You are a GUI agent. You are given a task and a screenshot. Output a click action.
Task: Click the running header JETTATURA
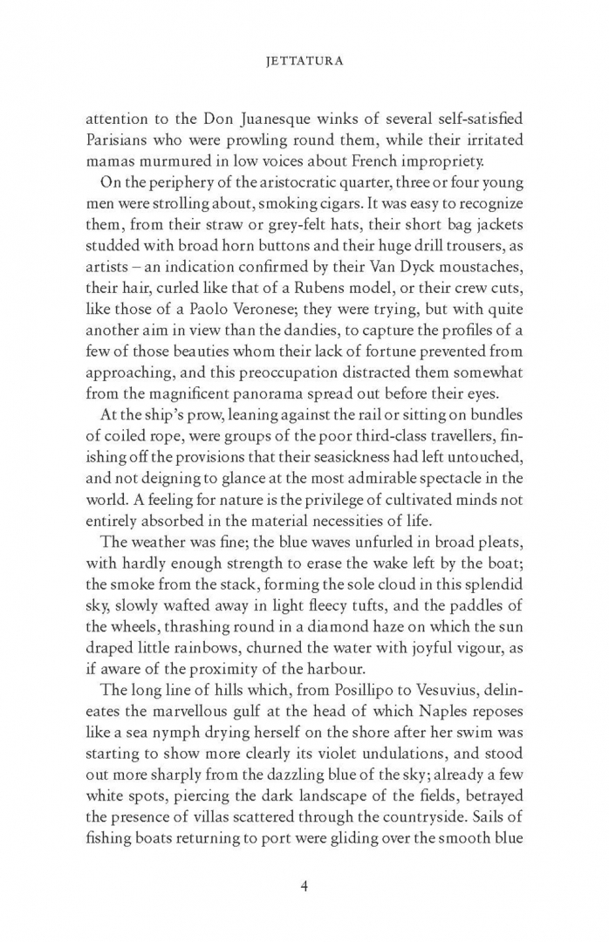coord(304,63)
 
